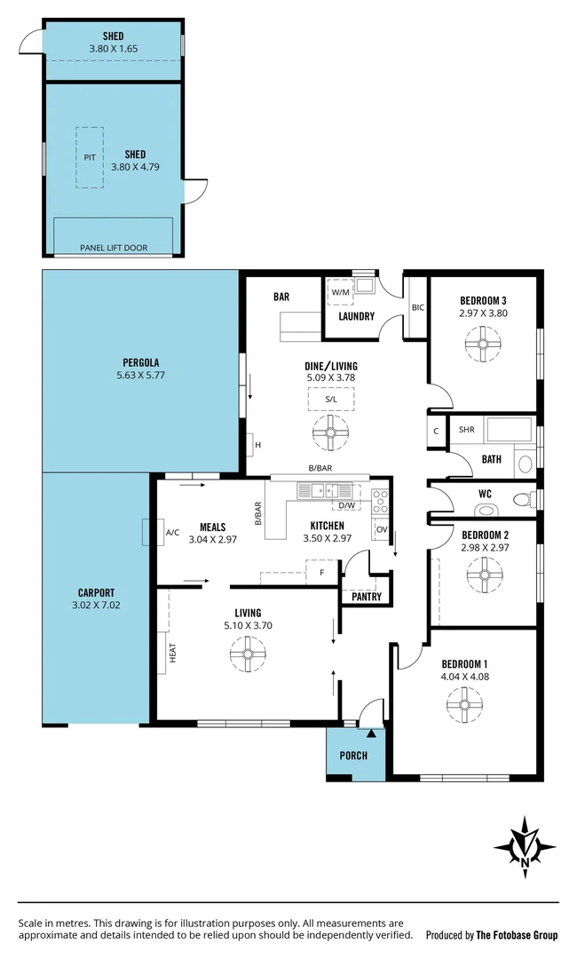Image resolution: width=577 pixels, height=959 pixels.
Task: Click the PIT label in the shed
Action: pyautogui.click(x=89, y=157)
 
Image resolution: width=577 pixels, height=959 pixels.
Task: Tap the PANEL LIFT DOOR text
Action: pyautogui.click(x=114, y=248)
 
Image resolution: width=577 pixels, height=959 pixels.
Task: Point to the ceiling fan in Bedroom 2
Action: pyautogui.click(x=484, y=574)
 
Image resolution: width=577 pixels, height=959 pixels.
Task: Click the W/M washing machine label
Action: pyautogui.click(x=340, y=291)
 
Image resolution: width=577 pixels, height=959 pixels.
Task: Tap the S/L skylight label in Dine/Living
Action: pyautogui.click(x=330, y=400)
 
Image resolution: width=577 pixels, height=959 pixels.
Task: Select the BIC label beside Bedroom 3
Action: pyautogui.click(x=418, y=307)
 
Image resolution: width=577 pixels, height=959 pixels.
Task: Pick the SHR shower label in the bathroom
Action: pyautogui.click(x=466, y=430)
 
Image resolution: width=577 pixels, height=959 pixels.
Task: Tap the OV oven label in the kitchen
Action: pyautogui.click(x=382, y=530)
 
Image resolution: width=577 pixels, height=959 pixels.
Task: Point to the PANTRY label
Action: pyautogui.click(x=367, y=597)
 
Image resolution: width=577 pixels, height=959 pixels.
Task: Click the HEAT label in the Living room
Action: pyautogui.click(x=173, y=653)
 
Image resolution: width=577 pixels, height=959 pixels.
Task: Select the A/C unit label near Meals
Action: pyautogui.click(x=172, y=533)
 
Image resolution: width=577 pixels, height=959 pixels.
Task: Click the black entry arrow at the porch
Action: pyautogui.click(x=371, y=733)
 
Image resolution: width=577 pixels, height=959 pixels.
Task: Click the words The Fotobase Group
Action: pyautogui.click(x=517, y=935)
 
